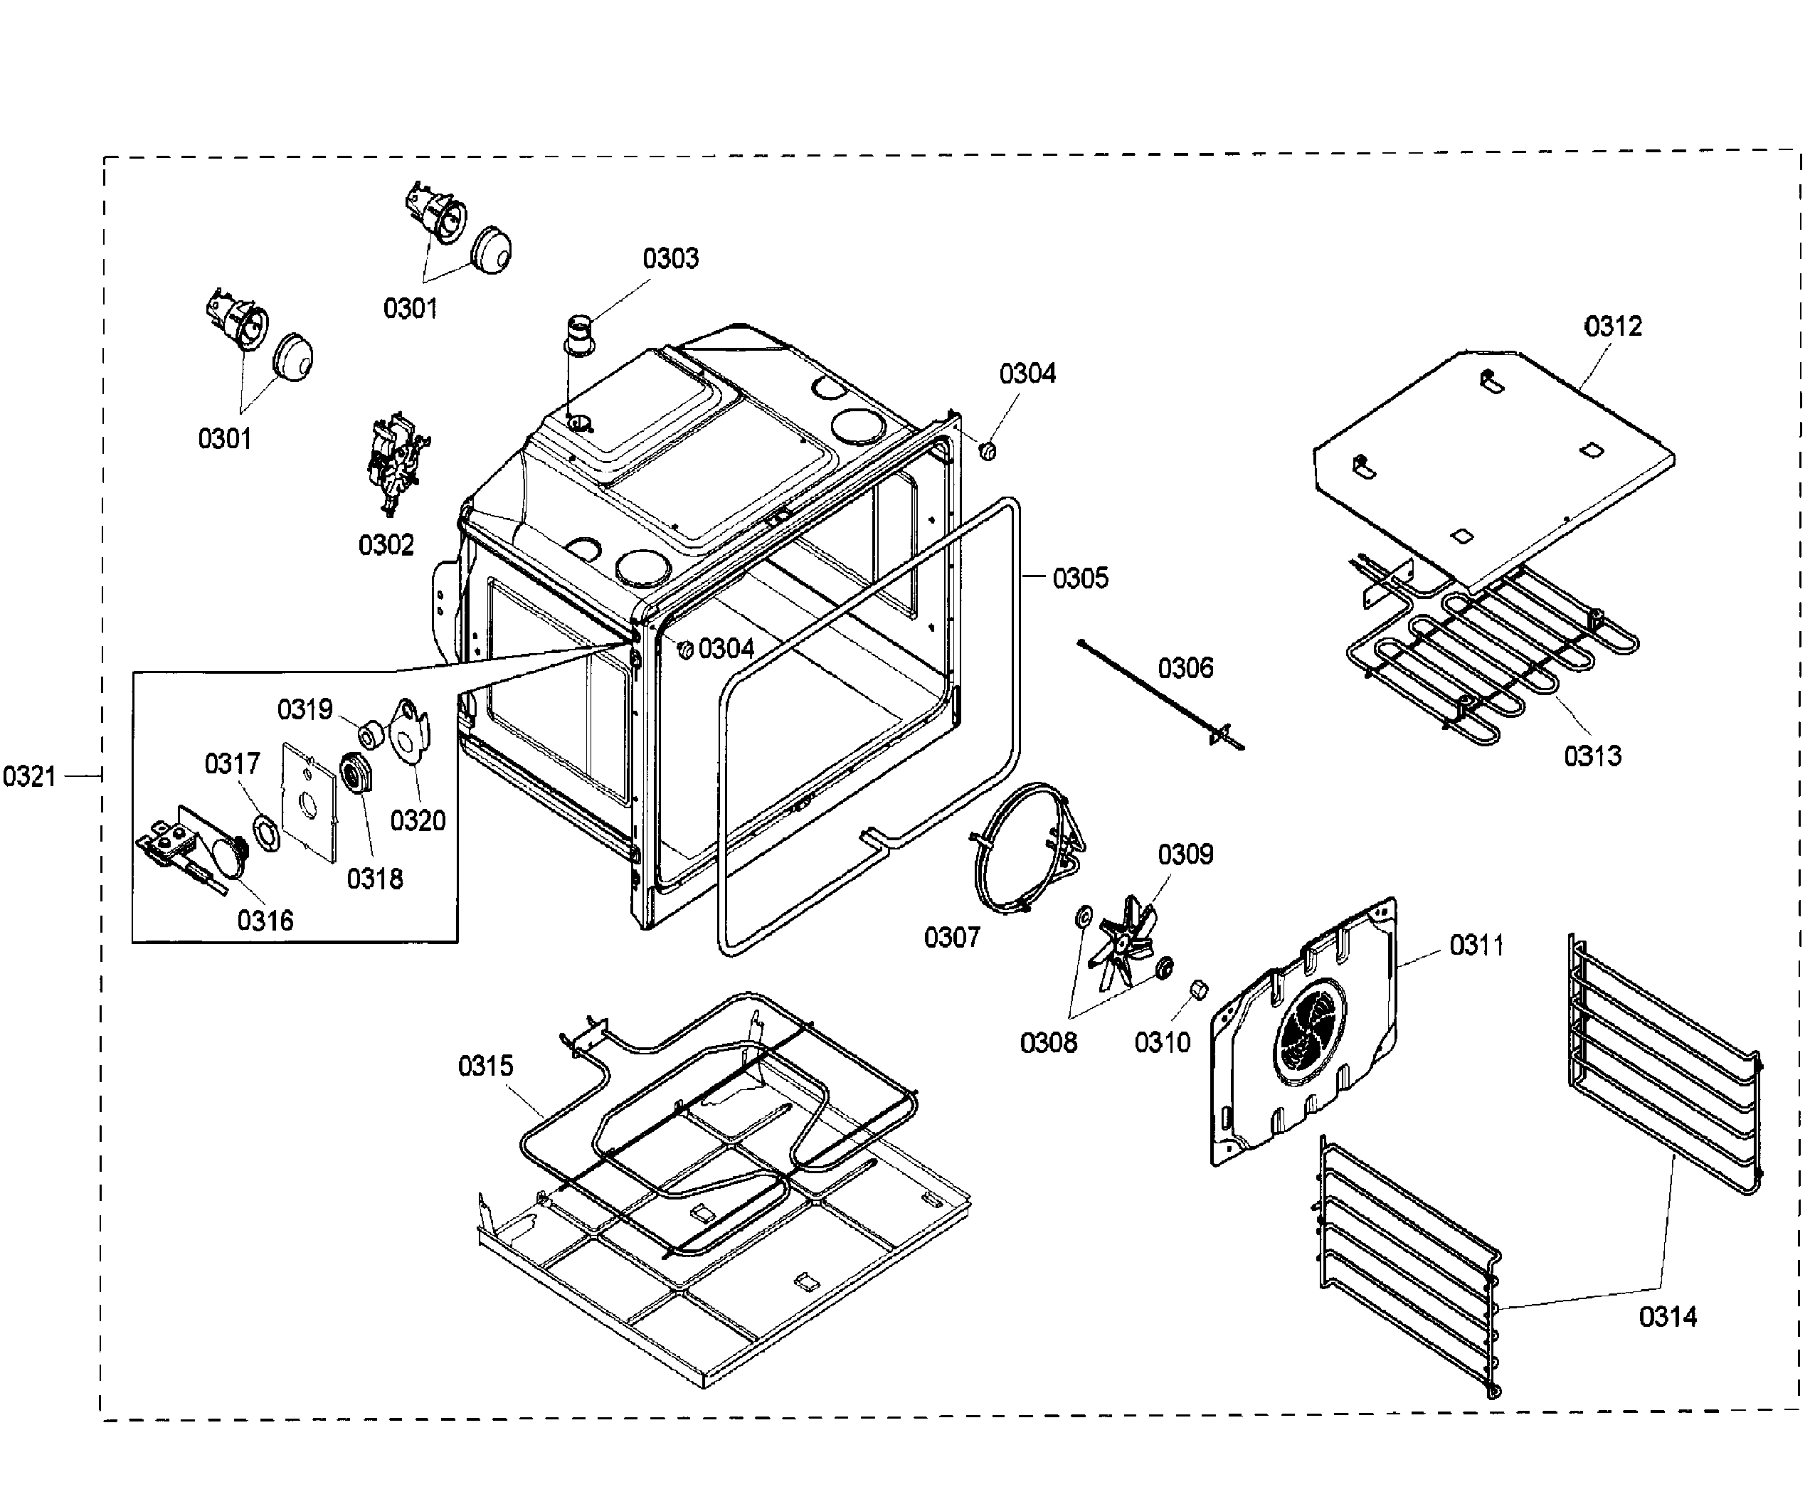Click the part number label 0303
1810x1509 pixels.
pyautogui.click(x=670, y=258)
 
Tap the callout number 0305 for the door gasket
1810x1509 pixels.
pyautogui.click(x=1080, y=578)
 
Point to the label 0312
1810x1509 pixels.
pyautogui.click(x=1613, y=326)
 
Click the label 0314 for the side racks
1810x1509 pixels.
pyautogui.click(x=1667, y=1316)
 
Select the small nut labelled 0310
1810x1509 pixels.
pyautogui.click(x=1198, y=990)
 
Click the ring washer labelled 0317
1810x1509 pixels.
pyautogui.click(x=265, y=835)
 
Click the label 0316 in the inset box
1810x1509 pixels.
pyautogui.click(x=265, y=921)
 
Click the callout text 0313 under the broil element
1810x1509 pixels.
pyautogui.click(x=1592, y=756)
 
